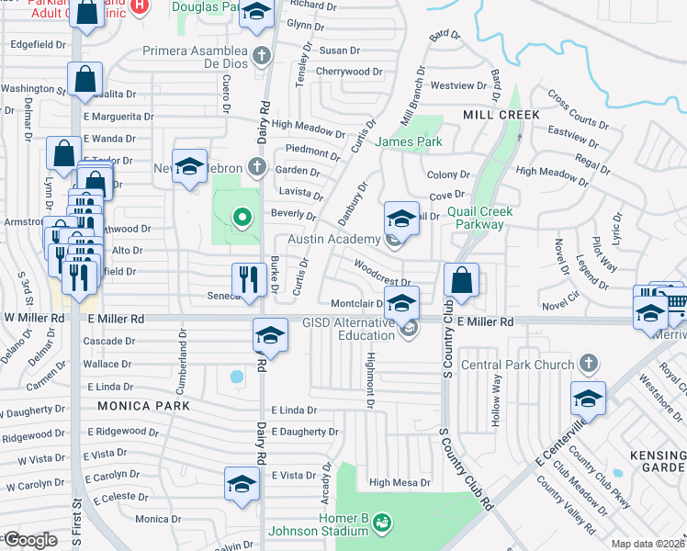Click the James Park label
coord(409,141)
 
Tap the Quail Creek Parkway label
coord(475,218)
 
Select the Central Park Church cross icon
coord(589,365)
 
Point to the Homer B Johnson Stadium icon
coord(383,523)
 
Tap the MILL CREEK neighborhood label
coord(501,114)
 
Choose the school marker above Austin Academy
coord(401,219)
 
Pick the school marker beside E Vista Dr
coord(242,484)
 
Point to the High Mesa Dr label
coord(400,482)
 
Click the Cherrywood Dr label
coord(349,71)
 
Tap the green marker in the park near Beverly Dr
coord(242,218)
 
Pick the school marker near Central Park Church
coord(588,398)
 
